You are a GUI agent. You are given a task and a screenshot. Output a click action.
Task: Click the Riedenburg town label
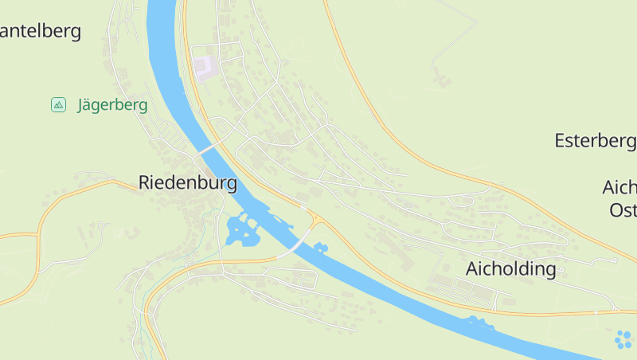click(188, 182)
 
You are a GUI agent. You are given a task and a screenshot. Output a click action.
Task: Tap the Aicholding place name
click(510, 268)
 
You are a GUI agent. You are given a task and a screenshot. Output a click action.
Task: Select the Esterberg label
click(595, 141)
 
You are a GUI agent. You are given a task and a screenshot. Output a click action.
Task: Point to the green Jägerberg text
click(112, 105)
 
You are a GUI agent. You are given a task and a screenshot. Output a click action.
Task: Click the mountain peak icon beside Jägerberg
click(58, 104)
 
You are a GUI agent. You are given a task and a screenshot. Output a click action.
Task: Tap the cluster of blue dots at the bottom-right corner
click(623, 340)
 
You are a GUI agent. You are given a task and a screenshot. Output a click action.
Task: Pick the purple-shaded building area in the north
click(204, 66)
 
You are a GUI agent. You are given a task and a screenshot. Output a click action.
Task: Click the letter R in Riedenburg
click(145, 182)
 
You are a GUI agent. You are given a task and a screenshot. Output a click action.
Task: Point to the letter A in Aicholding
click(471, 268)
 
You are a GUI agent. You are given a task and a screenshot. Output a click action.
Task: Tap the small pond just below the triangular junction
click(321, 247)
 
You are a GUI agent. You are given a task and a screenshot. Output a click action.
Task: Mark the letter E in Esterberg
click(560, 141)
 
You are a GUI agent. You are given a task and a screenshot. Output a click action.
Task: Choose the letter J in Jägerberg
click(81, 105)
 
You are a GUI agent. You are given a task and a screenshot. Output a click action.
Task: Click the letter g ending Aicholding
click(550, 271)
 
